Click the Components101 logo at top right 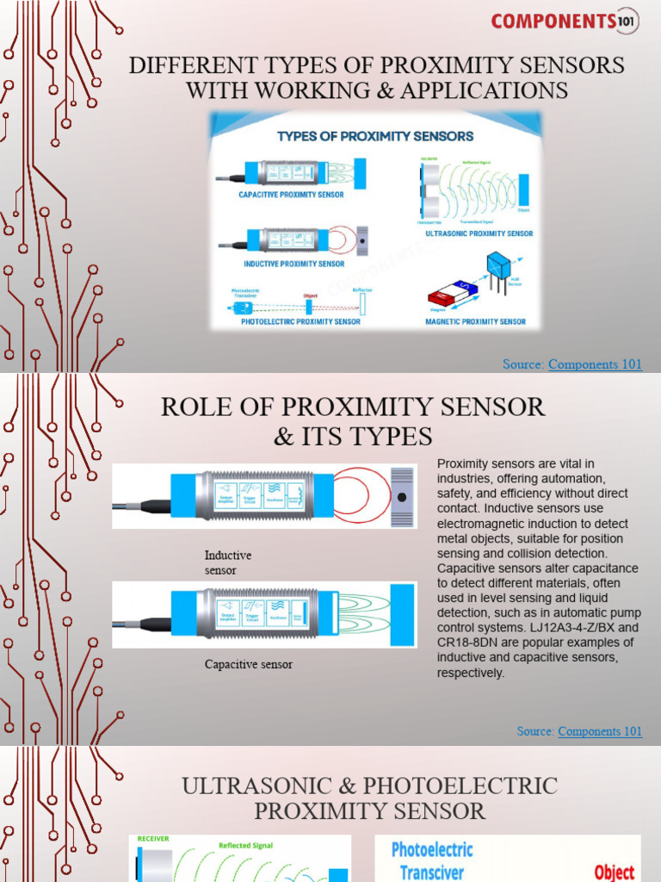pos(565,22)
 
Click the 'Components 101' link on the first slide pos(595,364)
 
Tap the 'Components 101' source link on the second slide pos(600,731)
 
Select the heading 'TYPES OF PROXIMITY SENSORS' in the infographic pos(375,136)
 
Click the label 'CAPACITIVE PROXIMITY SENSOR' pos(291,195)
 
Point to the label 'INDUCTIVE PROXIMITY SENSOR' pos(293,264)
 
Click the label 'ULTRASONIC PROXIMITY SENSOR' pos(479,233)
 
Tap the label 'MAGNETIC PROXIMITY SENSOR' pos(475,321)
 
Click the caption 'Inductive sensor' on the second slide pos(227,562)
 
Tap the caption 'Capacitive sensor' pos(248,664)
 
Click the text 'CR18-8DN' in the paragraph pos(466,643)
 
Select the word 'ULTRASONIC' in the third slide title pos(250,786)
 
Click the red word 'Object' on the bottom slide pos(614,872)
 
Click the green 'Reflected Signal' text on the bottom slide pos(245,846)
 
